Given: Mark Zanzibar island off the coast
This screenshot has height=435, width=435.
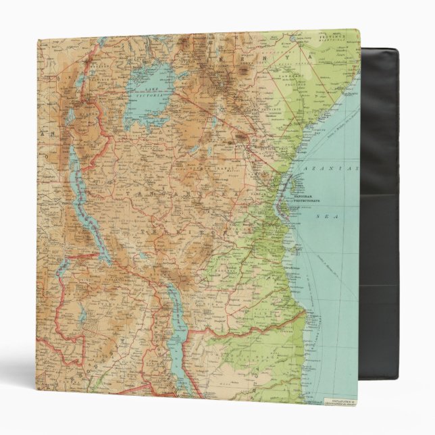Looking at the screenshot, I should point(290,184).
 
